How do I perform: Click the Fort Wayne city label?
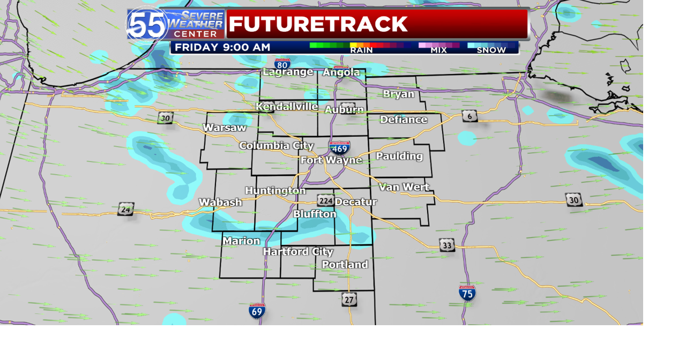[x=331, y=160]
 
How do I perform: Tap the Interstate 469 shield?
[x=339, y=147]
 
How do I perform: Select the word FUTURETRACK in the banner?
[x=318, y=24]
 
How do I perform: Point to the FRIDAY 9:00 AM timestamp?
[x=222, y=48]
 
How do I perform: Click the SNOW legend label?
[x=491, y=50]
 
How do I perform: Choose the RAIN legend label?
[x=361, y=50]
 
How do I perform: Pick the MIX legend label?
[x=438, y=50]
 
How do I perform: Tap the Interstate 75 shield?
[x=467, y=292]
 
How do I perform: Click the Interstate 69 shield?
[x=257, y=311]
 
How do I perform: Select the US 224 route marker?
[x=325, y=200]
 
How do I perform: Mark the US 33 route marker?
[x=447, y=245]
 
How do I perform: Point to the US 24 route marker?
[x=125, y=209]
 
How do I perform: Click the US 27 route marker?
[x=349, y=299]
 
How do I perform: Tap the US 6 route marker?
[x=469, y=116]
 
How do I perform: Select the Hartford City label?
[x=298, y=252]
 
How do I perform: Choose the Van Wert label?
[x=404, y=187]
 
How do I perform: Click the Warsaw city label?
[x=225, y=128]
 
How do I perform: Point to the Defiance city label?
[x=404, y=119]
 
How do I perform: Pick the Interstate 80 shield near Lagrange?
[x=282, y=64]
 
